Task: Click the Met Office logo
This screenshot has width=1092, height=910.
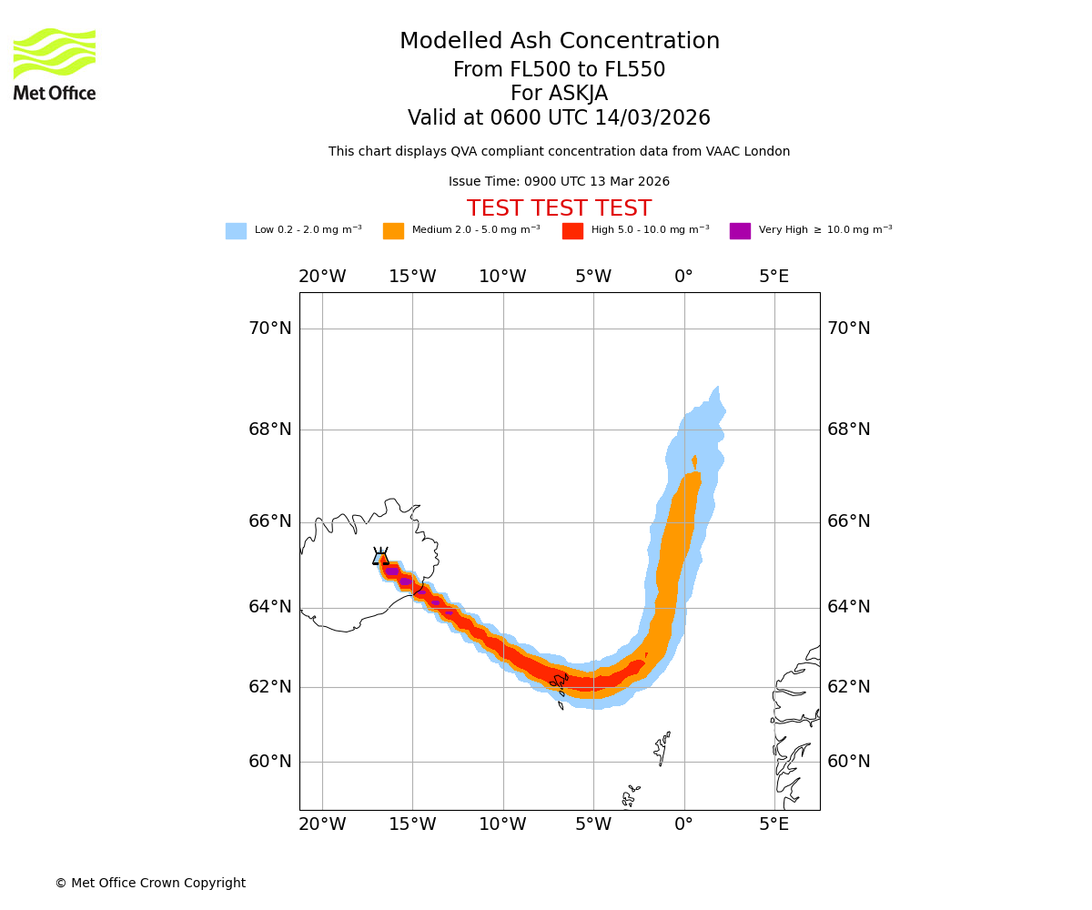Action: coord(55,65)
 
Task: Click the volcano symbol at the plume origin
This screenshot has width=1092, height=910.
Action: coord(380,557)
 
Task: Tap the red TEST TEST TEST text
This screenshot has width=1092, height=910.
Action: coord(559,208)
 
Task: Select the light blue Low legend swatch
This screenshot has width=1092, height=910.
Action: coord(236,231)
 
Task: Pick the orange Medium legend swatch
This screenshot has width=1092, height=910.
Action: coord(393,231)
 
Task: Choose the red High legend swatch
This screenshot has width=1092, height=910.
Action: coord(572,231)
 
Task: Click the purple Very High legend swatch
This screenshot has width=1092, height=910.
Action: coord(740,231)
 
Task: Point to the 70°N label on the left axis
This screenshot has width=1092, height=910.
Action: coord(270,329)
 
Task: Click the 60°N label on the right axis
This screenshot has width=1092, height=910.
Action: coord(848,762)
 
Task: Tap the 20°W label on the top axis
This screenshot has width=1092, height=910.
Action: coord(322,277)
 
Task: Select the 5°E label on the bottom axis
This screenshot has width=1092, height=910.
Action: coord(774,824)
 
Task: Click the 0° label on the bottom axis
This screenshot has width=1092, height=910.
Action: coord(684,824)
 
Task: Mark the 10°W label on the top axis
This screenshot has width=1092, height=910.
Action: coord(503,277)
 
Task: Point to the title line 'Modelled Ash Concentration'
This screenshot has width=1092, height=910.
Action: coord(559,42)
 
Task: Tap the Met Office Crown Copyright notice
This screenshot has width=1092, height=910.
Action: coord(150,883)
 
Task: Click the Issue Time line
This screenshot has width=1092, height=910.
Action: coord(559,181)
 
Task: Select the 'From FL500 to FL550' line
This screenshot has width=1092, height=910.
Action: coord(559,70)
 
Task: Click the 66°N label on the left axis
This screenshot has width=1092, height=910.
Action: coord(270,521)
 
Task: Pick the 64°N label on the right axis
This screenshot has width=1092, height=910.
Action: coord(848,607)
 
